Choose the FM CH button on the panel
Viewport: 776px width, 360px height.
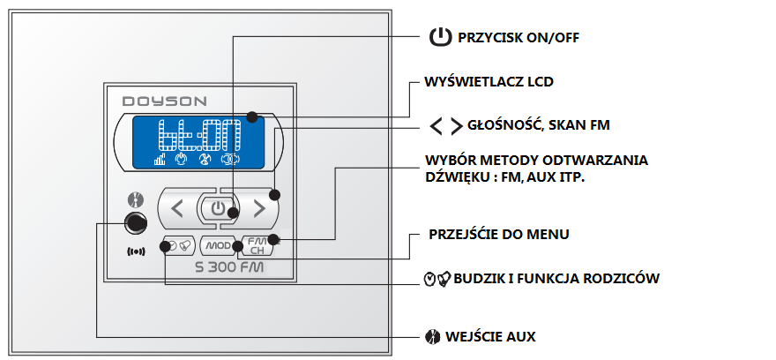(x=257, y=245)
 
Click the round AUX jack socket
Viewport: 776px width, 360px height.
(x=135, y=222)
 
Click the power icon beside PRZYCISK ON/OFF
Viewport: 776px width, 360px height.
(x=439, y=37)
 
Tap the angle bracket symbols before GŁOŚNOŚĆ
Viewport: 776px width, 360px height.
(x=446, y=126)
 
